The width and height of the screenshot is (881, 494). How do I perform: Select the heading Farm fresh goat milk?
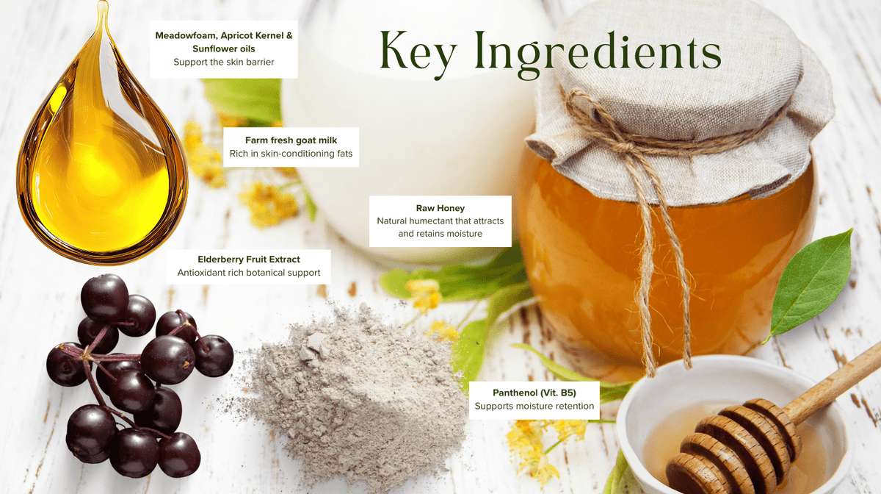pos(291,140)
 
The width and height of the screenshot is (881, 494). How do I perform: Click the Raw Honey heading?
pos(440,208)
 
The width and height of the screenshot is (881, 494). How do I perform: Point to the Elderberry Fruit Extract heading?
pos(249,259)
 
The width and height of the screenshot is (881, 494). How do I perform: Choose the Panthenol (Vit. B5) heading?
pos(534,393)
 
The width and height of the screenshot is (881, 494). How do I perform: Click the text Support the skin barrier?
pos(224,62)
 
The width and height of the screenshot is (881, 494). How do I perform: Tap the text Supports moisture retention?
pos(534,406)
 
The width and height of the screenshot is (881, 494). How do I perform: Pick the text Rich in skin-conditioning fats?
pos(291,154)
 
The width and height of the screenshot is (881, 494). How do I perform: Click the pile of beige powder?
pos(354,394)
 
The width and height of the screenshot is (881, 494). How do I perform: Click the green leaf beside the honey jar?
pos(811,284)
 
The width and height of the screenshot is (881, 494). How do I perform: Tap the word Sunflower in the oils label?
pos(213,49)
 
